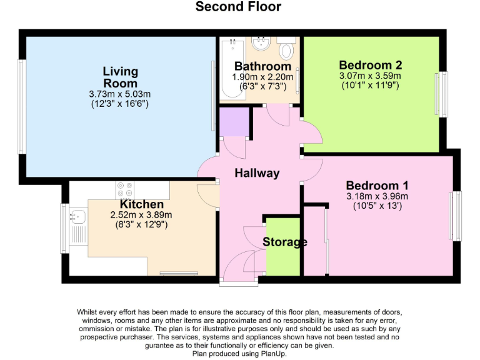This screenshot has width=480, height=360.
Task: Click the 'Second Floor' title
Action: (238, 7)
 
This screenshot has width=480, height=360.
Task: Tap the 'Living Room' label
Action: (121, 77)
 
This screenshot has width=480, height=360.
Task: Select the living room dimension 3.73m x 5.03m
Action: (121, 94)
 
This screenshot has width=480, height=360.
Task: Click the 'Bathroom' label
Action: (262, 66)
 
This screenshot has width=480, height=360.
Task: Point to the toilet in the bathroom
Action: (287, 49)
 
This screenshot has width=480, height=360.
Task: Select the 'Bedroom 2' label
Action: (370, 65)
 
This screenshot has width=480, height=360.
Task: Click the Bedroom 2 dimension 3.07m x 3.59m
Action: (370, 76)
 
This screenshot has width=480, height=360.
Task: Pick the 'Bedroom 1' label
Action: (377, 186)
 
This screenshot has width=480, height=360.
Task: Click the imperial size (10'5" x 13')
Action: (377, 205)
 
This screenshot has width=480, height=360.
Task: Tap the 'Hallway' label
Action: (257, 173)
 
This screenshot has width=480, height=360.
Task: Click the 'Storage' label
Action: (284, 242)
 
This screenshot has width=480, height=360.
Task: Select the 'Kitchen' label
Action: (142, 204)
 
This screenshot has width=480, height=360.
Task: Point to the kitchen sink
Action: (79, 217)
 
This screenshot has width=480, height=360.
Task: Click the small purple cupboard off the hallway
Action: (232, 121)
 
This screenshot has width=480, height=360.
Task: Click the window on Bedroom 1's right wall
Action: (456, 216)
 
